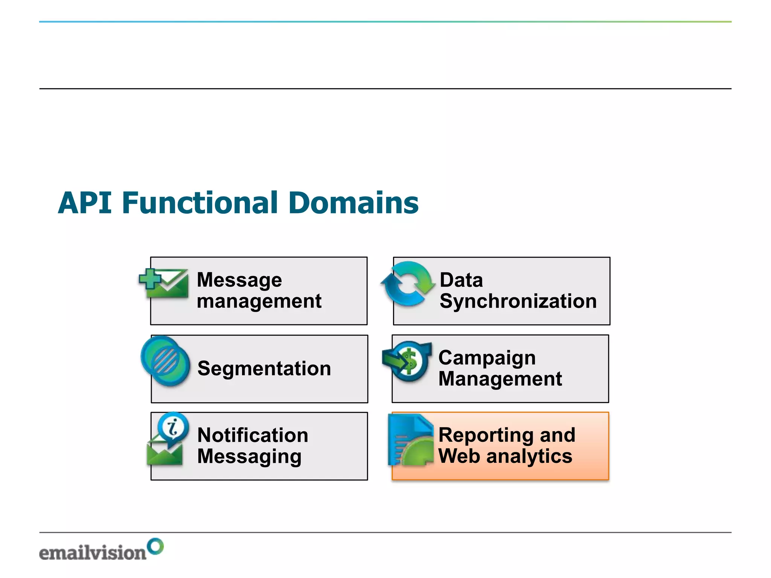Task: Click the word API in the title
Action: [x=85, y=203]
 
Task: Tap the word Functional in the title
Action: [x=200, y=203]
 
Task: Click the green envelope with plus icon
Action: [x=164, y=283]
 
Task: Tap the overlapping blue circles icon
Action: [x=165, y=360]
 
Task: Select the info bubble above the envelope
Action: [x=173, y=427]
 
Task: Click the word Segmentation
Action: [x=264, y=368]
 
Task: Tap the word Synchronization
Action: [x=518, y=301]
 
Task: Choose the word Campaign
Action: [x=487, y=358]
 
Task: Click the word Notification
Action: [x=253, y=435]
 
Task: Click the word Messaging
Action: [x=249, y=457]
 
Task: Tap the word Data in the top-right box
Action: [x=461, y=280]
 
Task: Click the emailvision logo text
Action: [x=93, y=553]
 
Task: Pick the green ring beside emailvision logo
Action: [x=155, y=546]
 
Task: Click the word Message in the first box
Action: [x=239, y=280]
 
